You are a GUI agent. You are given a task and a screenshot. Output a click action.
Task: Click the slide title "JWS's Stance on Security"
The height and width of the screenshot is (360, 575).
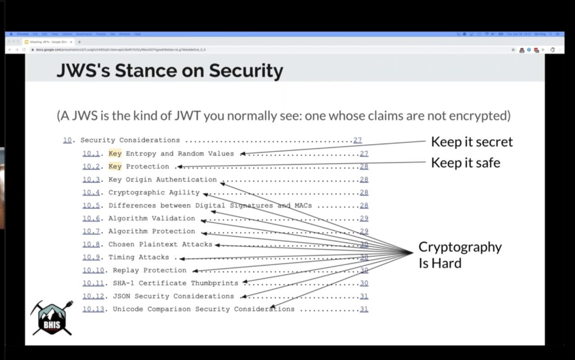(x=170, y=71)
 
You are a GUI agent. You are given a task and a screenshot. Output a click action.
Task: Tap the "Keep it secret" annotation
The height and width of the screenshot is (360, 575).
(x=472, y=142)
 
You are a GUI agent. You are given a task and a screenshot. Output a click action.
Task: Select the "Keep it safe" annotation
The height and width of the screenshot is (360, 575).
(x=465, y=162)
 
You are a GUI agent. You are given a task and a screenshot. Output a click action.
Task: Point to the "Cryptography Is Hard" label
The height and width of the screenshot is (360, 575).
(x=460, y=255)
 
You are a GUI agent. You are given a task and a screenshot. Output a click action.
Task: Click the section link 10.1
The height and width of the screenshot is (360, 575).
(x=91, y=154)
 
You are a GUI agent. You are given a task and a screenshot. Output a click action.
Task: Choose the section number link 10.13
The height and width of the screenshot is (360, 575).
(x=93, y=309)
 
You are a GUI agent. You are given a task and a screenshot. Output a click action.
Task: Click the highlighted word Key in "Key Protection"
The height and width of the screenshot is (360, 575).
(x=115, y=167)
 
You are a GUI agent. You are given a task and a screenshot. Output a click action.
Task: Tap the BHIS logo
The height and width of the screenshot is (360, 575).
(x=51, y=318)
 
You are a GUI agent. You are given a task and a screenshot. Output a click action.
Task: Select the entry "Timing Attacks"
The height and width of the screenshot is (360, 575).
(x=139, y=257)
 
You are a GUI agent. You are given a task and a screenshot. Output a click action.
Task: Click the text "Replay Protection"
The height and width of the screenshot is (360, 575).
(x=149, y=270)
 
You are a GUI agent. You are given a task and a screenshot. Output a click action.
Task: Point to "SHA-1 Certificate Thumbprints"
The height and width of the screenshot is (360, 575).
(x=175, y=283)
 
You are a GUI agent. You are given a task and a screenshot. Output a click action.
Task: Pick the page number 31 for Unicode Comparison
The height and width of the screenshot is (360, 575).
(x=364, y=309)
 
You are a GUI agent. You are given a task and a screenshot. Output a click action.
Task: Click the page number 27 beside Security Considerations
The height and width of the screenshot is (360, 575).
(x=357, y=140)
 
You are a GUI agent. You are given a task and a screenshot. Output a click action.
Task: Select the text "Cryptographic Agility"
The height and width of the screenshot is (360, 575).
(x=154, y=193)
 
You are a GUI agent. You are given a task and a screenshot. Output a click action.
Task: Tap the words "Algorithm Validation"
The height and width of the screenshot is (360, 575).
(x=152, y=219)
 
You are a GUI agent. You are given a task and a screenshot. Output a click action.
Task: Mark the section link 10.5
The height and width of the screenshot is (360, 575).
(x=91, y=206)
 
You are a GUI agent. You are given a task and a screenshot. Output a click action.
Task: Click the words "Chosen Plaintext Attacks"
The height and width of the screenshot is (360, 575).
(x=160, y=244)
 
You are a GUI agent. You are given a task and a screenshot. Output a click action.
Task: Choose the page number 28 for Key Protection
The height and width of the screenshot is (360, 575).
(x=364, y=167)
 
